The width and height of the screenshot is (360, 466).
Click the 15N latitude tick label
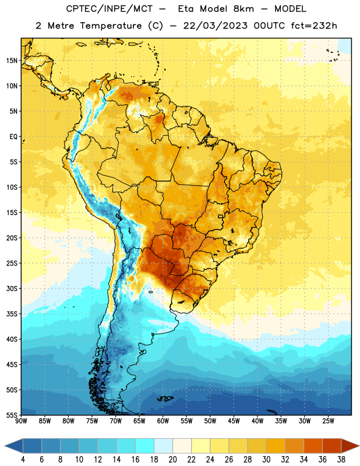point(12,61)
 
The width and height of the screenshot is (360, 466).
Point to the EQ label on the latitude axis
point(13,137)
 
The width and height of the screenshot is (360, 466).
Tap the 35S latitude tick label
point(12,314)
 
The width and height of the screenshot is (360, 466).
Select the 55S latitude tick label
point(12,415)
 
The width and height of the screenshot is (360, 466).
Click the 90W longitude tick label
point(21,421)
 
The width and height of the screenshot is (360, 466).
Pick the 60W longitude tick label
point(163,421)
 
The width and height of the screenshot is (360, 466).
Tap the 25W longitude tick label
point(328,421)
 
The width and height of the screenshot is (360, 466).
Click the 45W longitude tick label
point(234,421)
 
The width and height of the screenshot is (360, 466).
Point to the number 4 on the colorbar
point(23,460)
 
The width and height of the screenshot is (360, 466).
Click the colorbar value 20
point(172,460)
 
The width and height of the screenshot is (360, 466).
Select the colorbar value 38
point(341,460)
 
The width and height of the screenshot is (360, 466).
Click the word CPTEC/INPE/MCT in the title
point(110,9)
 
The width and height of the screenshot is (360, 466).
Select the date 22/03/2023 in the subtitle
point(215,26)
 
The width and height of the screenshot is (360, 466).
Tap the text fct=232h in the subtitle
point(314,26)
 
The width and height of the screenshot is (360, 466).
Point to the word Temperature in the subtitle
point(111,26)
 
